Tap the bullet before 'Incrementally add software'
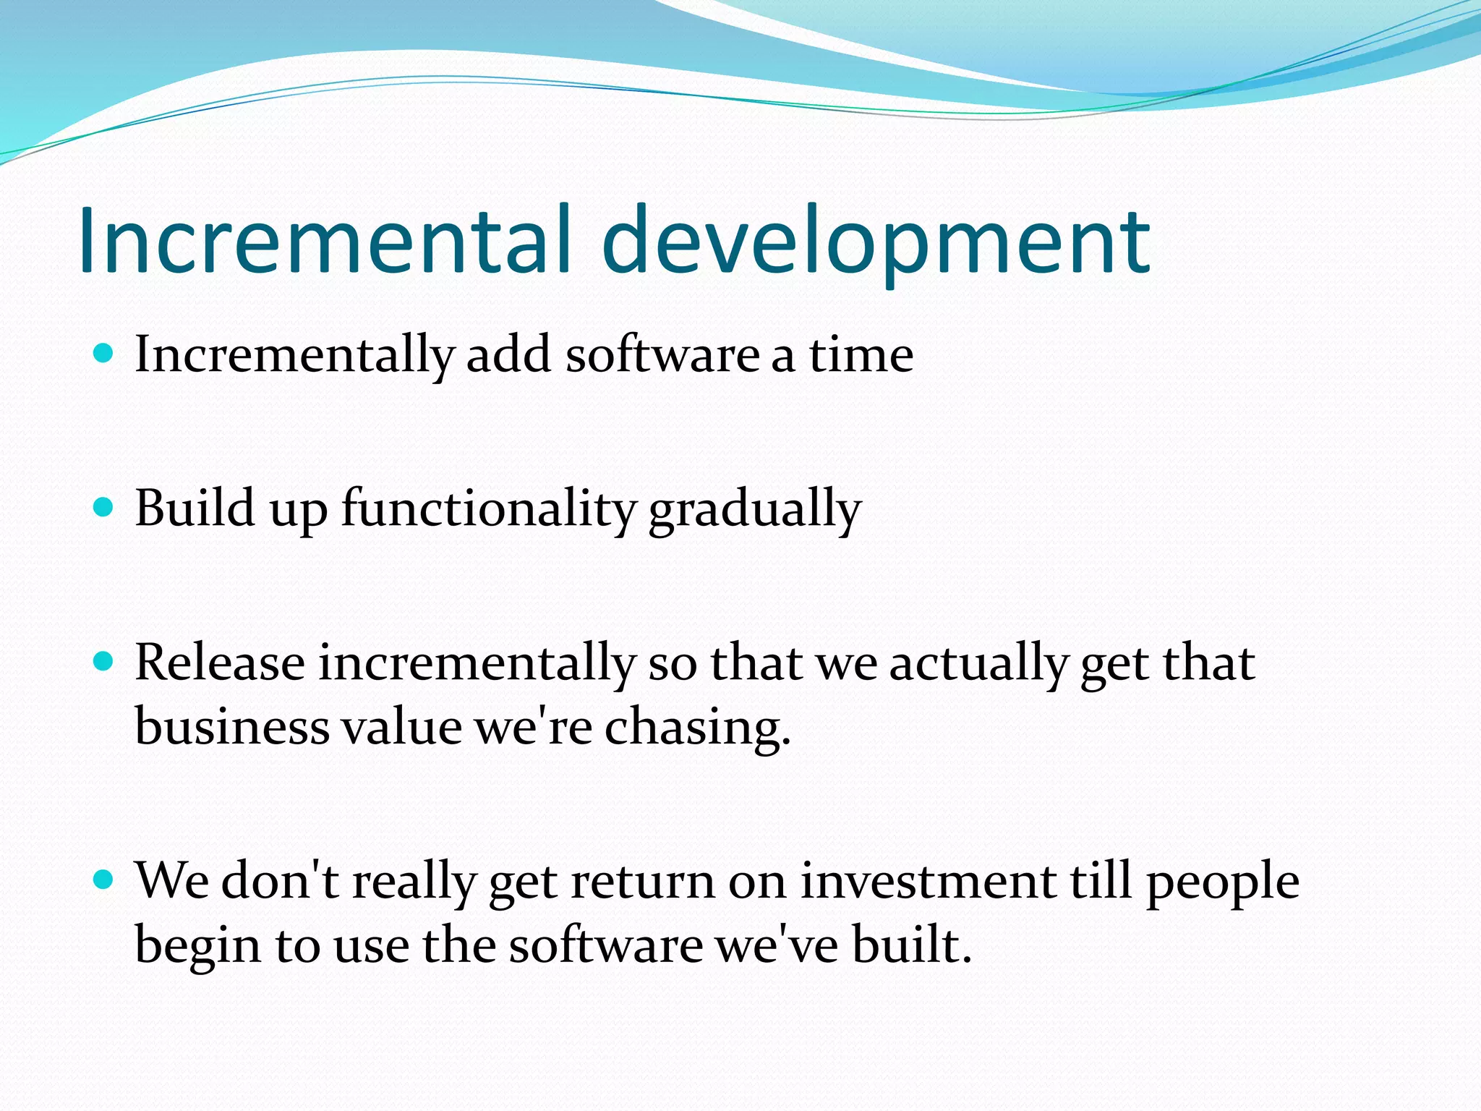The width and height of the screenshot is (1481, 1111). coord(105,354)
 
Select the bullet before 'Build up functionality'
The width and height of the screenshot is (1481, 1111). coord(105,507)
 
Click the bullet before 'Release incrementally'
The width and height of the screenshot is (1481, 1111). coord(105,661)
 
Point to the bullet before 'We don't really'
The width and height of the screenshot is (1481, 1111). coord(105,880)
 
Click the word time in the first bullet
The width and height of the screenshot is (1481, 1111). coord(861,355)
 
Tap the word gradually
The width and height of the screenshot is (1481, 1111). coord(754,511)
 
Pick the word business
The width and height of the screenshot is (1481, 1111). coord(232,726)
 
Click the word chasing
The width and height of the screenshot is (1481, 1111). coord(697,728)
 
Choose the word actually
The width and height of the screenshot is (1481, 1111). coord(978,664)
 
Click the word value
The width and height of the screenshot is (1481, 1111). coord(401,726)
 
